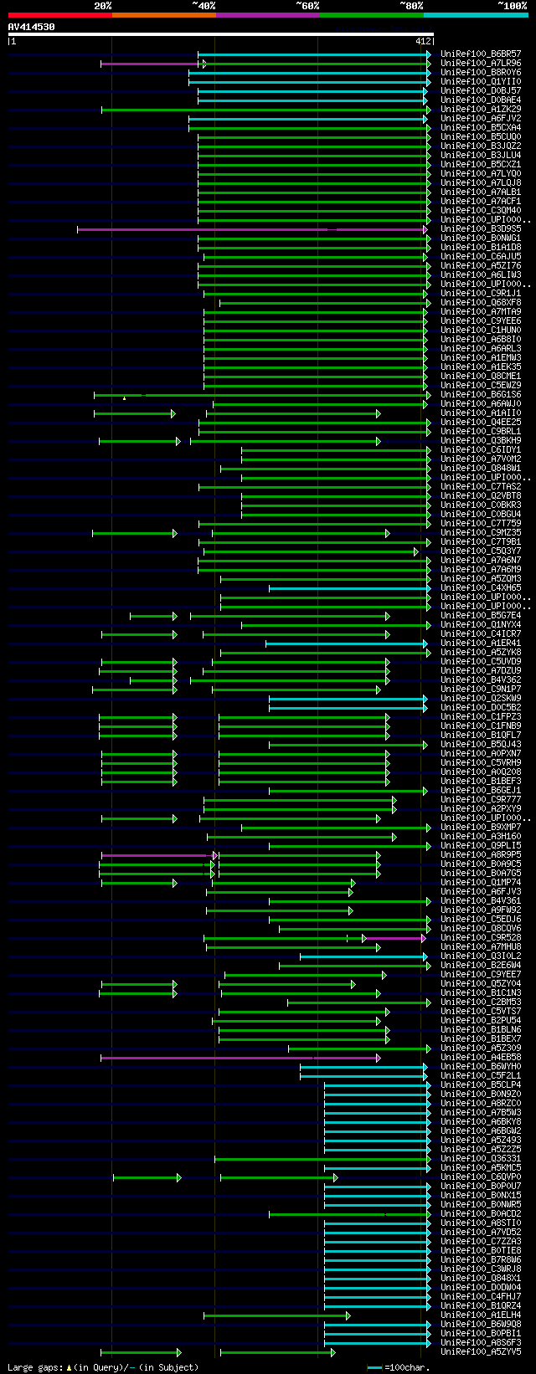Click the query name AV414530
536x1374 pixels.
[x=32, y=27]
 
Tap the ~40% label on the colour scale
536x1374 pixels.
[x=204, y=6]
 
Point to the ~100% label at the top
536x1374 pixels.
[x=513, y=6]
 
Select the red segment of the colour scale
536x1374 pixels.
[x=59, y=14]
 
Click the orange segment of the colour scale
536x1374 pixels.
[x=163, y=14]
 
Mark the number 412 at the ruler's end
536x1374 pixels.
[x=422, y=40]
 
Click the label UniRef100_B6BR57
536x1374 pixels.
[x=481, y=54]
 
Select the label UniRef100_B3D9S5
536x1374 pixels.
[x=481, y=228]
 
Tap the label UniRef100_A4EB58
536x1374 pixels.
[x=481, y=1057]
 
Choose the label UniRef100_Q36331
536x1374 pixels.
[x=481, y=1158]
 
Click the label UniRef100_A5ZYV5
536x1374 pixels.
[x=481, y=1351]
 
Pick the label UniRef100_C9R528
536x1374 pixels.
[x=481, y=937]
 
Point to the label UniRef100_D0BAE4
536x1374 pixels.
[x=481, y=100]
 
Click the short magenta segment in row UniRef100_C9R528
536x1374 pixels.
[x=394, y=938]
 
